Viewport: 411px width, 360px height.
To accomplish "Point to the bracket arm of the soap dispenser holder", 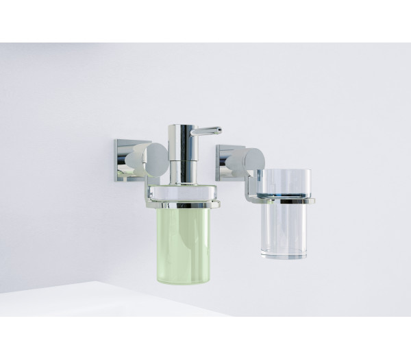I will (x=149, y=182).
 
